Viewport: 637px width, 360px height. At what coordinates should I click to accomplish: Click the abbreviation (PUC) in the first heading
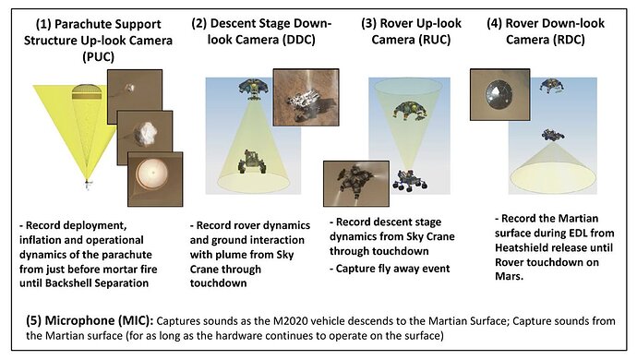98,56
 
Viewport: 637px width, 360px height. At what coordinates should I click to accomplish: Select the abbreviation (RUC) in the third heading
433,40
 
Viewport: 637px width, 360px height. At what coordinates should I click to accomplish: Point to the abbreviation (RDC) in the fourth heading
567,40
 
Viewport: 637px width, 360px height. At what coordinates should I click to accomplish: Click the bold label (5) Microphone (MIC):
90,320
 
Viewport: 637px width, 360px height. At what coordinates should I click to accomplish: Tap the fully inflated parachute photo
155,179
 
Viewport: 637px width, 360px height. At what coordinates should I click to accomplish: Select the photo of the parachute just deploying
135,97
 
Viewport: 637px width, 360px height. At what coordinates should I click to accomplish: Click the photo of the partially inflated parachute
145,138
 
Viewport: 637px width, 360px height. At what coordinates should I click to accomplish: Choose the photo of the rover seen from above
306,97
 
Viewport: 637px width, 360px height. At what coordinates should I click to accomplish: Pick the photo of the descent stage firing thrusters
356,184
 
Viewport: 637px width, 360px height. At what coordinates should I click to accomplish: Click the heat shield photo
500,95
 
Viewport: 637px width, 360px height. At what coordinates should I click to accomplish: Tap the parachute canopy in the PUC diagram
86,92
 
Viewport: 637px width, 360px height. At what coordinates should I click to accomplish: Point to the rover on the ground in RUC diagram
410,181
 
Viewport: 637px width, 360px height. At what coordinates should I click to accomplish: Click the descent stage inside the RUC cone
410,111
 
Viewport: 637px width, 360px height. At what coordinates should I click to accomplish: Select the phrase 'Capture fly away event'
393,269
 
